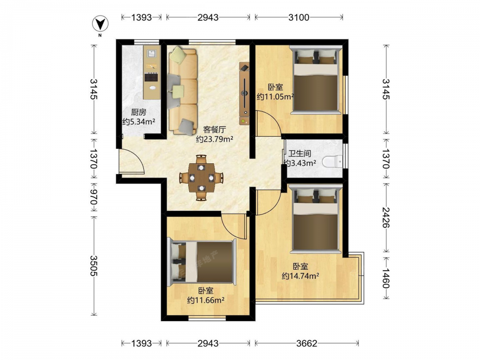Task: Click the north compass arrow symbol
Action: coord(100,24)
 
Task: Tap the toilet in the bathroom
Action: coord(332,161)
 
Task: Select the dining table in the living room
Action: coord(201,178)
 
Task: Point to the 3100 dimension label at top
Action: coord(299,17)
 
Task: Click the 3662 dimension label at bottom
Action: coord(307,344)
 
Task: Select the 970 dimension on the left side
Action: coord(94,197)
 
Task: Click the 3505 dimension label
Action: coord(94,266)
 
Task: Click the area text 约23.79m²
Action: coord(215,139)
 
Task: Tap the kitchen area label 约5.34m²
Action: coord(139,121)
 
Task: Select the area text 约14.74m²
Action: coord(300,276)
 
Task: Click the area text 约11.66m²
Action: coord(206,300)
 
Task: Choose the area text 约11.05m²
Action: coord(275,97)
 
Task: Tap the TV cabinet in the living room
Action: coord(244,94)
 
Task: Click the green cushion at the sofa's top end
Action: coord(178,55)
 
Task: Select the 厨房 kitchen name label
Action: coord(139,112)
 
